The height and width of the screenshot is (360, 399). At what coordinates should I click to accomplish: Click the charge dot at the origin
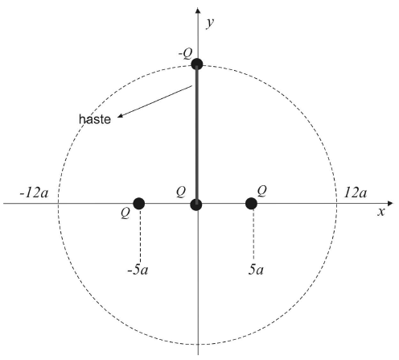196,205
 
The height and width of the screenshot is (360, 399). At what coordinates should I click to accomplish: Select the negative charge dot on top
197,64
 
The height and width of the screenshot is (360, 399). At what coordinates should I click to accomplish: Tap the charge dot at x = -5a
139,204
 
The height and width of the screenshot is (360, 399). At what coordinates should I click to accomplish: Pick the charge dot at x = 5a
251,204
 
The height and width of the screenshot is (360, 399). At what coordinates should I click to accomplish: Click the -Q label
186,54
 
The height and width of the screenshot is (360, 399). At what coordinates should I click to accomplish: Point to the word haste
95,119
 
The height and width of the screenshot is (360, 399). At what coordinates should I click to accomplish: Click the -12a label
34,192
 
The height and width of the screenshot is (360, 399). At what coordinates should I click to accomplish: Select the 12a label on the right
356,192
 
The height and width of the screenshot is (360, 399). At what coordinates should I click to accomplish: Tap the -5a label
138,270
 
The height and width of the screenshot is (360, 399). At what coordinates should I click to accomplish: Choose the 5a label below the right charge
256,270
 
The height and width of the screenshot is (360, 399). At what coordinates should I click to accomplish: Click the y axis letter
210,23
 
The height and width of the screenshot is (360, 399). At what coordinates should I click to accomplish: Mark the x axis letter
381,212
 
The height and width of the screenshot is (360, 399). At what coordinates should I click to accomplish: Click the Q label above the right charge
262,191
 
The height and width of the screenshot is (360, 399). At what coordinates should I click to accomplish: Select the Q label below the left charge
125,213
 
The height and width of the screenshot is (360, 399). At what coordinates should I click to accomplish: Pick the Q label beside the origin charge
181,192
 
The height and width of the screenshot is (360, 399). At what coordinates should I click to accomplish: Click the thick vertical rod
197,134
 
